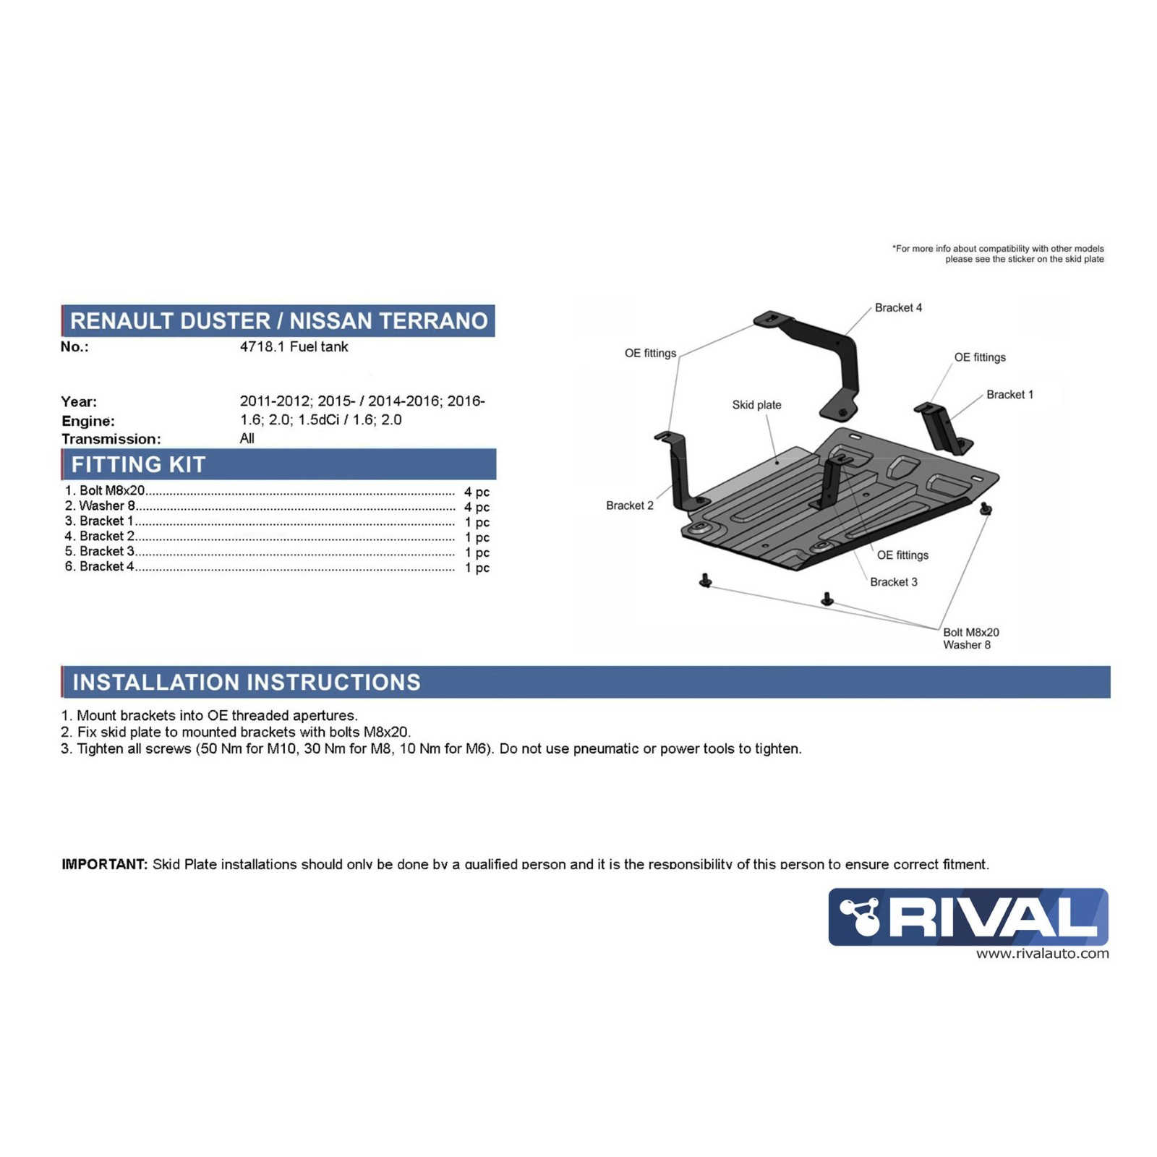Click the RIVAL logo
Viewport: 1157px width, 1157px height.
click(x=968, y=916)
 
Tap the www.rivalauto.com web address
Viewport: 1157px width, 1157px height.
click(x=1042, y=954)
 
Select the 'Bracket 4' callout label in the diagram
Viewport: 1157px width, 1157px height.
click(x=898, y=308)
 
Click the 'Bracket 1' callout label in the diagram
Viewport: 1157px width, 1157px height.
click(x=1009, y=395)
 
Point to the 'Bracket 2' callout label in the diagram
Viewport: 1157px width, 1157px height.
click(x=629, y=505)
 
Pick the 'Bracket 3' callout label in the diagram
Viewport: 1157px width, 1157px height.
click(x=893, y=582)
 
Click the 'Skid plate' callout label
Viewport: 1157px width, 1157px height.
click(x=756, y=405)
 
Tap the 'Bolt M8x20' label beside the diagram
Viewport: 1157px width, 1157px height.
click(x=970, y=632)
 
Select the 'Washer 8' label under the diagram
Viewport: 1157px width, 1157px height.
click(x=966, y=645)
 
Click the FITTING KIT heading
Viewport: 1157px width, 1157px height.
click(x=138, y=464)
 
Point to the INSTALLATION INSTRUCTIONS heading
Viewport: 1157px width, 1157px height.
click(x=247, y=682)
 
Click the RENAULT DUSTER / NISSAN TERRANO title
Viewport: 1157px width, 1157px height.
click(x=279, y=321)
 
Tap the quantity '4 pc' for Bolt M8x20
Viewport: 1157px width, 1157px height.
click(x=477, y=492)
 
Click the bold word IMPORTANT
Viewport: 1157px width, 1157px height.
click(x=104, y=864)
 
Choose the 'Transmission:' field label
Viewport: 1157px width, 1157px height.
click(x=111, y=439)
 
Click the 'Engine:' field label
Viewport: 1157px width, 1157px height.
click(x=87, y=421)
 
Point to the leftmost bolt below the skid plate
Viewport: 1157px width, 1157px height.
click(x=706, y=580)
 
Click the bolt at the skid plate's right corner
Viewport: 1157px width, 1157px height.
click(x=985, y=508)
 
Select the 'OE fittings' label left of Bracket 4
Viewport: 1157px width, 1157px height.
click(x=650, y=354)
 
